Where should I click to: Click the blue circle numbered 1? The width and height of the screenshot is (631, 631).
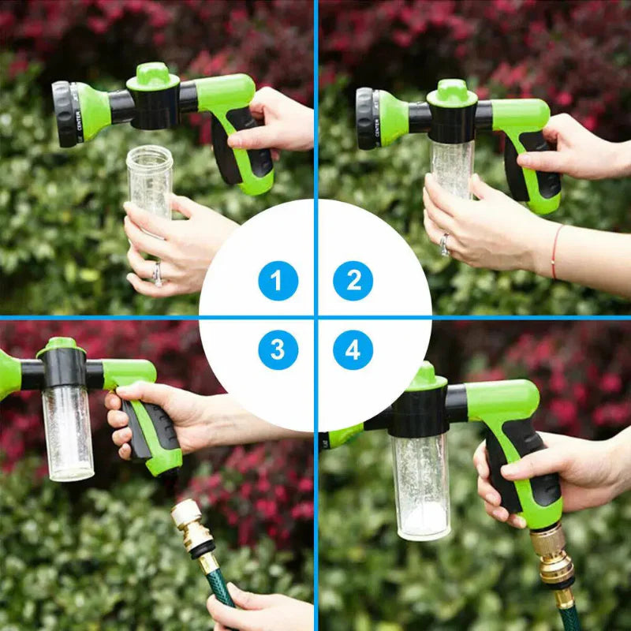(278, 281)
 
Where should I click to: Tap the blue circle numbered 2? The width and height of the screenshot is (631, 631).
(353, 281)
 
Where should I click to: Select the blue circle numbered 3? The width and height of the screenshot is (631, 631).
(278, 349)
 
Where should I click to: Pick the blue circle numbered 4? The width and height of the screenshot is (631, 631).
(353, 349)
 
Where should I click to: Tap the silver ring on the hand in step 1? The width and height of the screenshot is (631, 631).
(157, 273)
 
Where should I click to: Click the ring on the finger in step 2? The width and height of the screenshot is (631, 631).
(446, 244)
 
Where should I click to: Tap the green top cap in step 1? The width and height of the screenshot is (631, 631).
(153, 77)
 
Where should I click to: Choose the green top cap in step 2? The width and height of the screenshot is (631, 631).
(452, 92)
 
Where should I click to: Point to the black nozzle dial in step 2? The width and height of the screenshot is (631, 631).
(365, 118)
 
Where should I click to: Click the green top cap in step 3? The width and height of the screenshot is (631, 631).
(62, 346)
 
